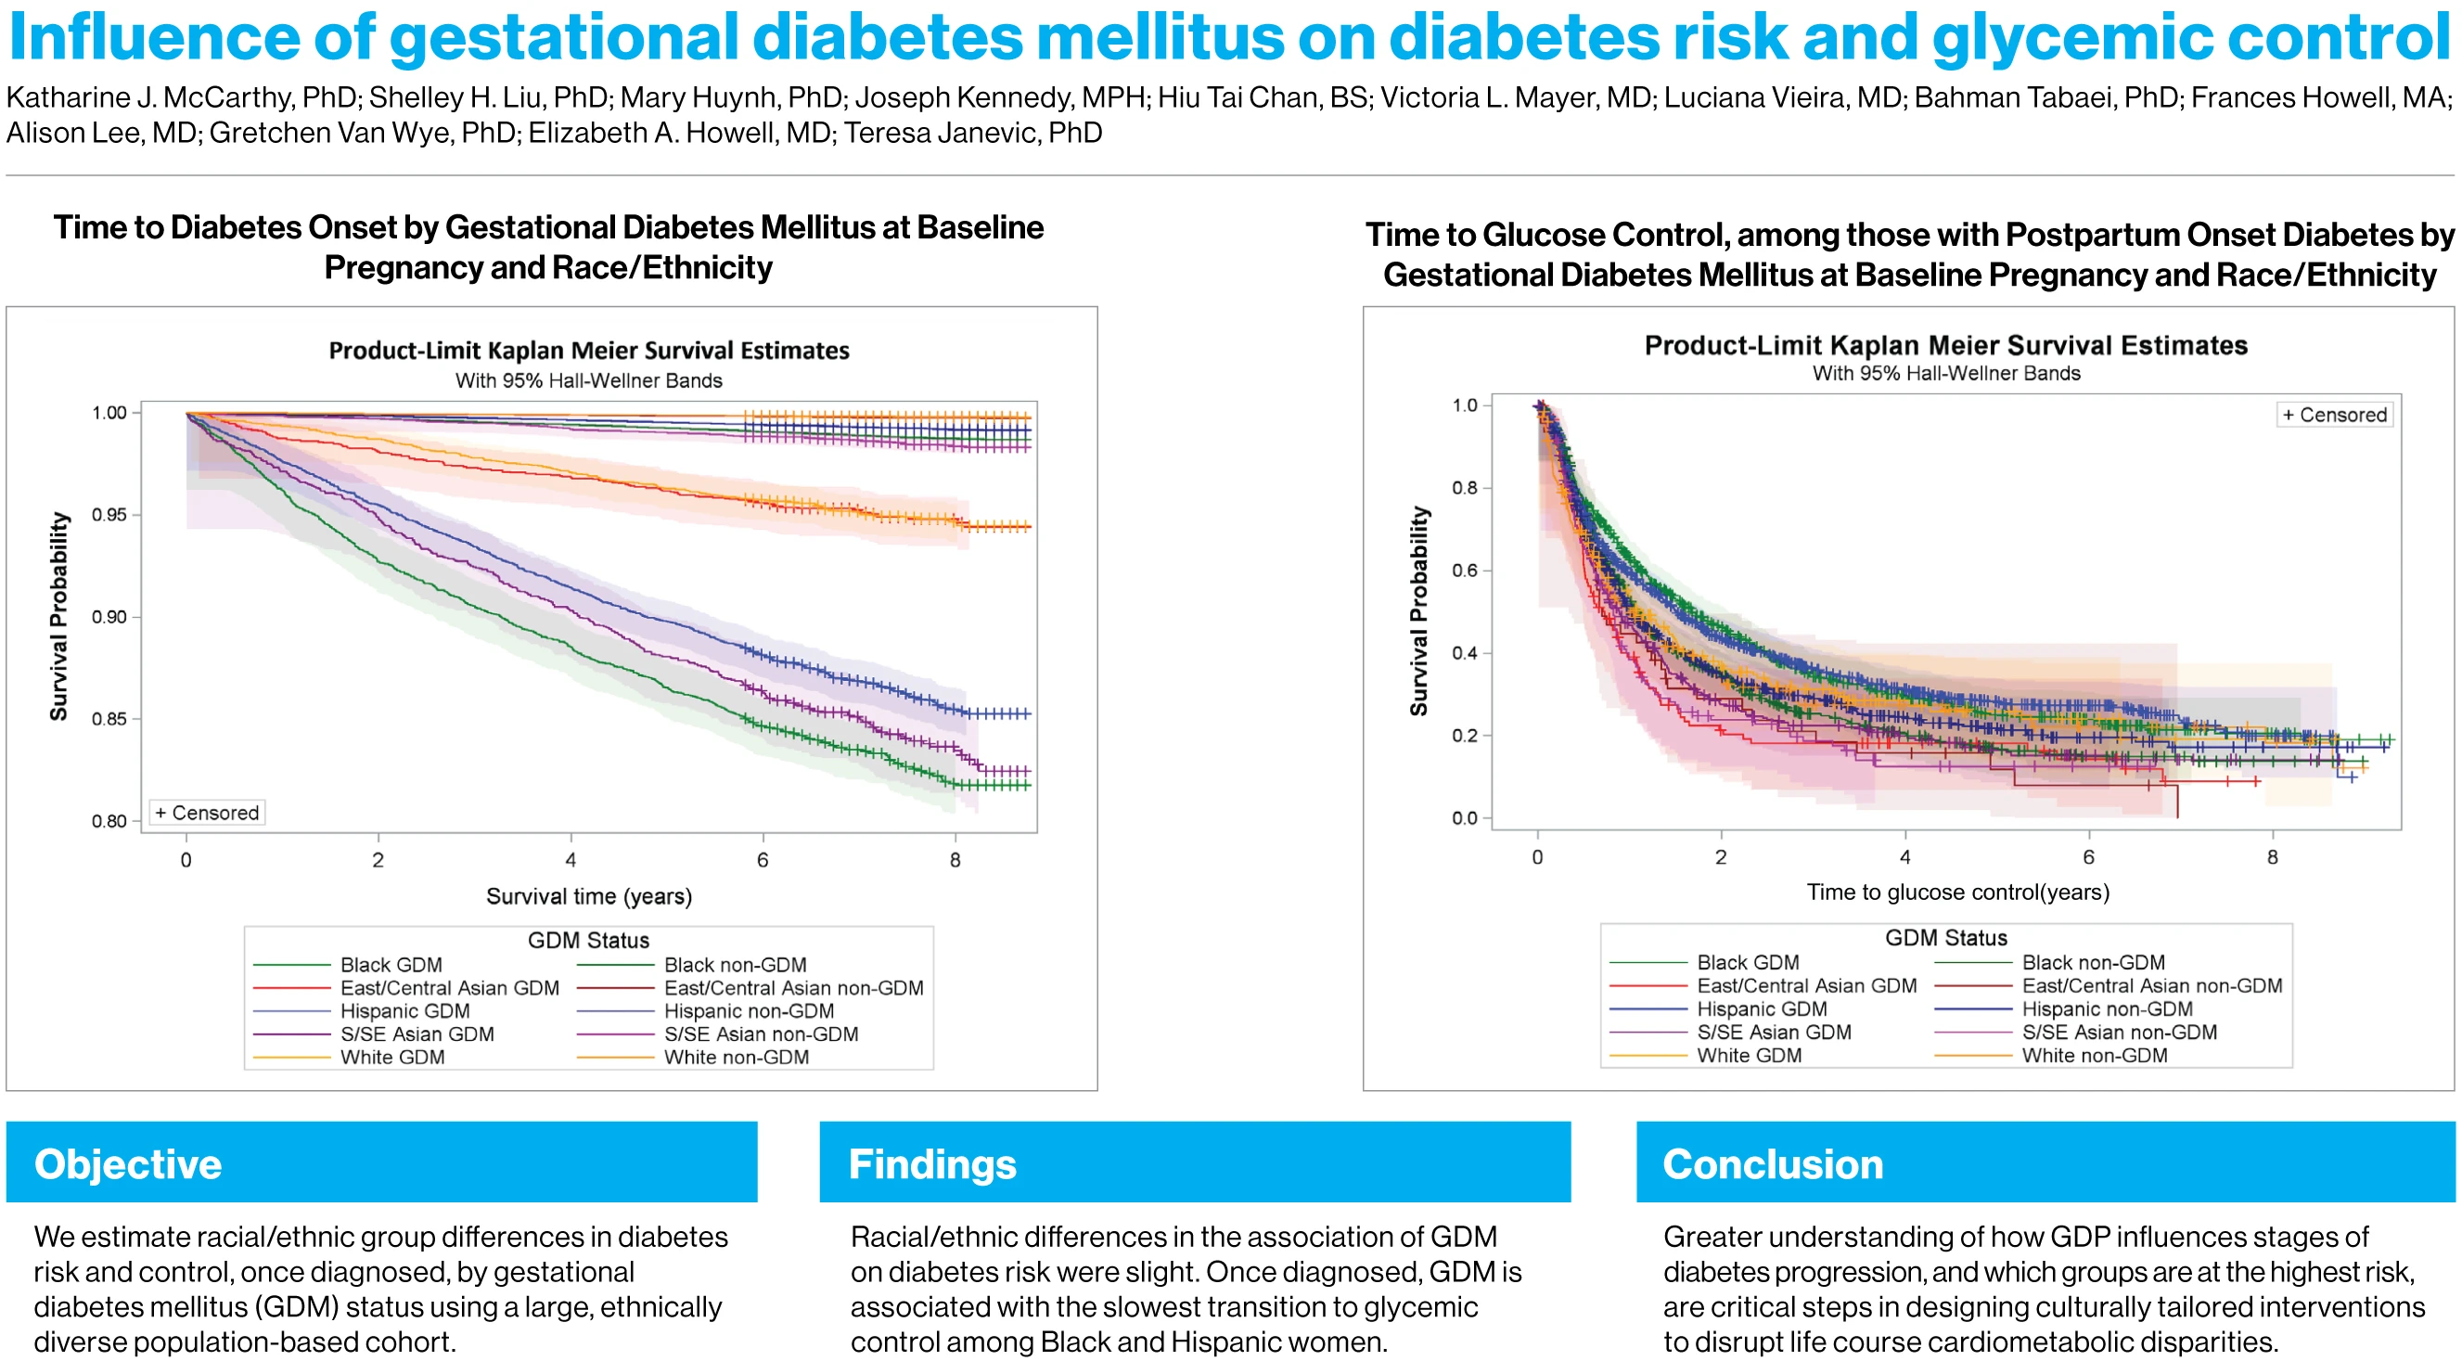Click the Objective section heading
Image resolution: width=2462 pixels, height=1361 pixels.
(128, 1164)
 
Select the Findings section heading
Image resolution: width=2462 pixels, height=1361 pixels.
(932, 1164)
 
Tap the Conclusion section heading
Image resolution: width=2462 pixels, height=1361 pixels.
(1773, 1164)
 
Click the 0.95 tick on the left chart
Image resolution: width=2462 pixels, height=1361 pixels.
(109, 515)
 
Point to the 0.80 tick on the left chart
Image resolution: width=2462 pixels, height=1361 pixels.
(109, 821)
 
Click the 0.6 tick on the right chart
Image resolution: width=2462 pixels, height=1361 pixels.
(1464, 571)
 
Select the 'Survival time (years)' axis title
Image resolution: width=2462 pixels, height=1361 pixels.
(589, 896)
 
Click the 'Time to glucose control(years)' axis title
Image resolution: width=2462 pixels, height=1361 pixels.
(1957, 892)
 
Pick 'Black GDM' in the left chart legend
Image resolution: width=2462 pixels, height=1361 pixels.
(391, 964)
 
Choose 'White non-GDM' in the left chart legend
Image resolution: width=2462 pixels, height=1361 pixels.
(736, 1057)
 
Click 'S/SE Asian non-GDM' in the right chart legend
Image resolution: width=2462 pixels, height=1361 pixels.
(2119, 1033)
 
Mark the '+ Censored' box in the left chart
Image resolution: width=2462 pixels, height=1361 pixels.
(208, 813)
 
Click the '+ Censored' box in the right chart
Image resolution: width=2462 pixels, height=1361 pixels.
(2334, 415)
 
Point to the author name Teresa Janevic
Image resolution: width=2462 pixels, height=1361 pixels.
(972, 133)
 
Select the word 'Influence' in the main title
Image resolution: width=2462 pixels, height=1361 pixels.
(153, 38)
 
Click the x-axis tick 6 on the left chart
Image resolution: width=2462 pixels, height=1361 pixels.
(763, 860)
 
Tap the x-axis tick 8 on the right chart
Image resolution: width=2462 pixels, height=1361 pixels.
(2272, 857)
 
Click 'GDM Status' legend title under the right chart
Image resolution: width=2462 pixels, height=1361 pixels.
(1945, 938)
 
